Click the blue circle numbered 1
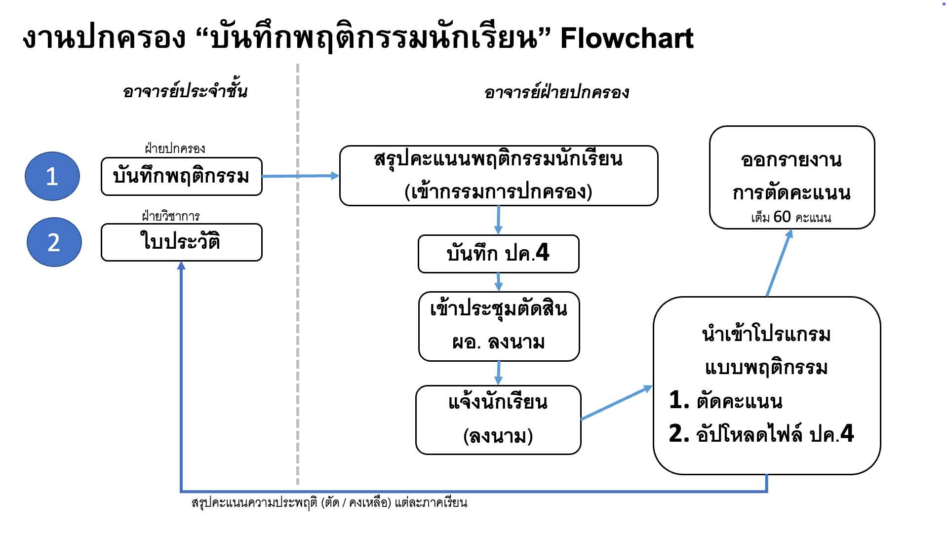[x=52, y=176]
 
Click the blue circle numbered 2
[x=54, y=242]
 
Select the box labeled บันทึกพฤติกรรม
[x=181, y=177]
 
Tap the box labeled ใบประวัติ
[x=181, y=242]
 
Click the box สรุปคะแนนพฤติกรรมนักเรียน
[x=498, y=175]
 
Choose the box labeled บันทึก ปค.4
[x=498, y=254]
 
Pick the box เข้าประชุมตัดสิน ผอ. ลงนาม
[x=499, y=326]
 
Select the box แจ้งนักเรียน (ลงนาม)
[x=498, y=419]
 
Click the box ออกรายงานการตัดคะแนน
[x=791, y=177]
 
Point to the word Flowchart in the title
[x=627, y=38]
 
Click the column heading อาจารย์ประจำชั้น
[x=185, y=92]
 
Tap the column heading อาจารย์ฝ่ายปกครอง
[x=556, y=93]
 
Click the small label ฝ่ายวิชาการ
[x=171, y=216]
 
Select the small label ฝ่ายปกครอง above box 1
[x=175, y=149]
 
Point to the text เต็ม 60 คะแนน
[x=791, y=217]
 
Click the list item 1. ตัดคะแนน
[x=726, y=401]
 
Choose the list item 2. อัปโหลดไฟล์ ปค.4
[x=761, y=434]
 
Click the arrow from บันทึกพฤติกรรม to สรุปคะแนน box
[x=300, y=176]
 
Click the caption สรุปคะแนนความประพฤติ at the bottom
[x=329, y=503]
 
